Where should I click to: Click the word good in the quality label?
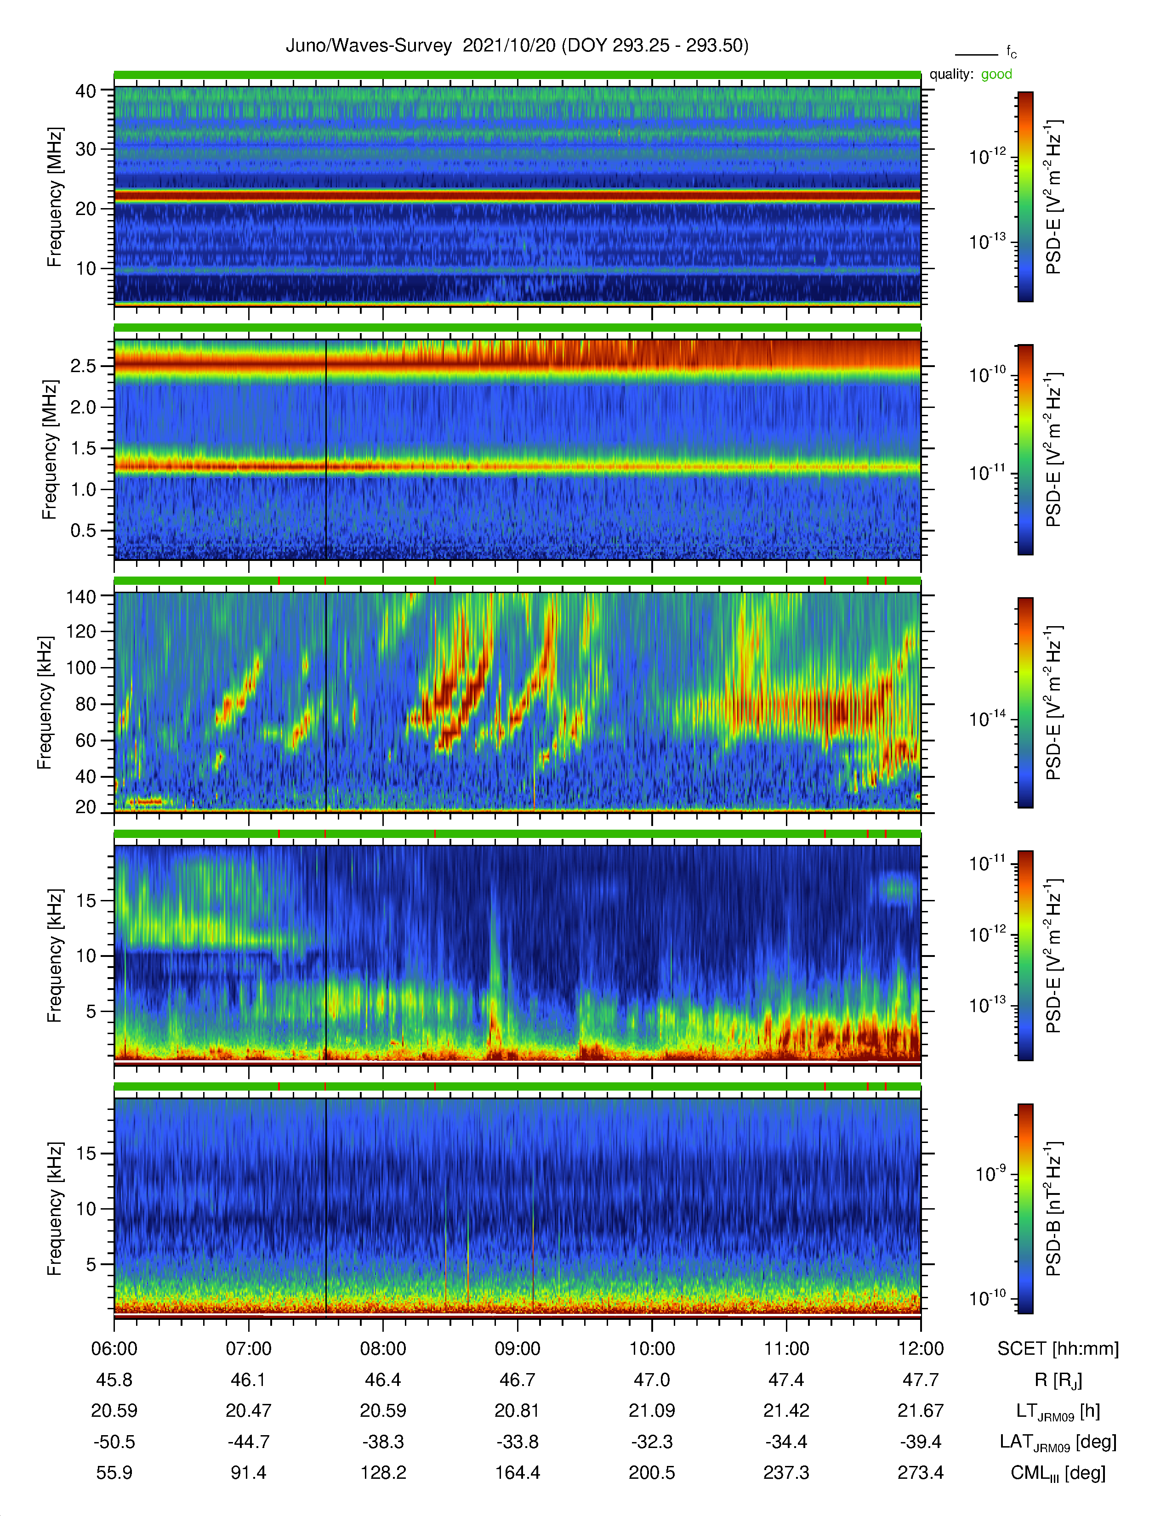point(996,74)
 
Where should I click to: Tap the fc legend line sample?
point(976,54)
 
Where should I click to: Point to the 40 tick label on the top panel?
point(86,91)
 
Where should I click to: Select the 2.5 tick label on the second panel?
point(83,366)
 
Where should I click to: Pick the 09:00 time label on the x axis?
point(517,1349)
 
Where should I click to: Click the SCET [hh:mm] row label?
point(1058,1349)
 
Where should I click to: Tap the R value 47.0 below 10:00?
point(652,1380)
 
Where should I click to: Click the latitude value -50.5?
point(114,1442)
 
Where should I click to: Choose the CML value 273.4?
point(921,1472)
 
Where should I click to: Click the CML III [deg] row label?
point(1058,1473)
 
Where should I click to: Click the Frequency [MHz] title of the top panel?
point(55,197)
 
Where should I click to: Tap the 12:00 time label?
point(921,1349)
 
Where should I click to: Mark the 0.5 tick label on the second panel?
point(83,530)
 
